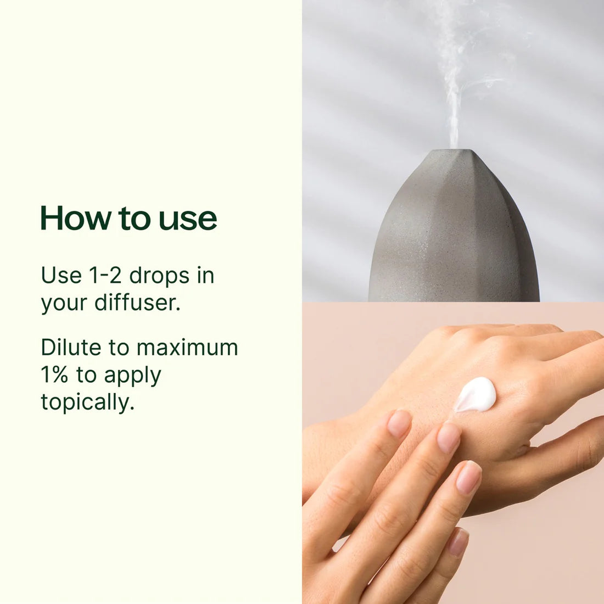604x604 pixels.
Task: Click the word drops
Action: [x=159, y=276]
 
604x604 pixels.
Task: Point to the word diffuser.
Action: [x=137, y=302]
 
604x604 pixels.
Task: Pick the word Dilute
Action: [x=71, y=347]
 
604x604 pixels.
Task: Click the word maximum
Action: [x=187, y=348]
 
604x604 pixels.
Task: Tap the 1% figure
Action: [x=54, y=374]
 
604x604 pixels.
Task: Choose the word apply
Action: [x=132, y=376]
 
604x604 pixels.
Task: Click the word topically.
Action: [x=87, y=402]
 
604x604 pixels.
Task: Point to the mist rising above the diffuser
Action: [x=458, y=77]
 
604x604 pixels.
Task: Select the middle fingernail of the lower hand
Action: [x=449, y=438]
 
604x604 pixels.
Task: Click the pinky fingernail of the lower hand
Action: [x=458, y=543]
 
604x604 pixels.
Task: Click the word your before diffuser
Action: [x=64, y=304]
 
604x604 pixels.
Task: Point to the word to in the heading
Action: [x=134, y=219]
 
